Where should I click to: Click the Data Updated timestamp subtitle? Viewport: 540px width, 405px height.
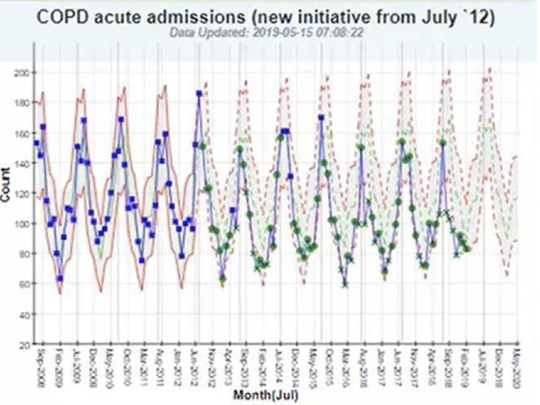click(271, 32)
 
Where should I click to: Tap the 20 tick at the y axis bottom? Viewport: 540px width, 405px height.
click(24, 345)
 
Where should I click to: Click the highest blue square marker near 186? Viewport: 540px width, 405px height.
click(199, 94)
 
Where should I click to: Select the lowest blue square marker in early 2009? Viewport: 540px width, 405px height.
click(60, 278)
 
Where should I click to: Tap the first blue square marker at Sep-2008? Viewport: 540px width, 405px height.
click(36, 143)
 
